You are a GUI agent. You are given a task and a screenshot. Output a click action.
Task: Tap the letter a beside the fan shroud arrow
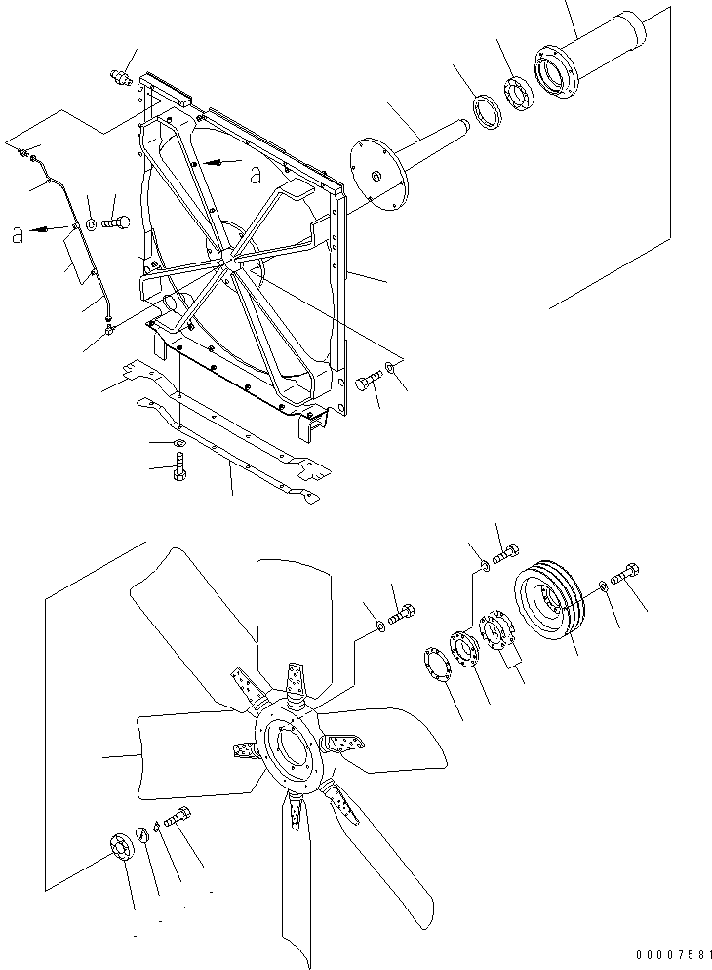256,176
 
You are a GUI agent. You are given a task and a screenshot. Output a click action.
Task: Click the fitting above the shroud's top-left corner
121,74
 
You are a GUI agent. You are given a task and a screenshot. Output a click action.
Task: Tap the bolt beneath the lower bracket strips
179,471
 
